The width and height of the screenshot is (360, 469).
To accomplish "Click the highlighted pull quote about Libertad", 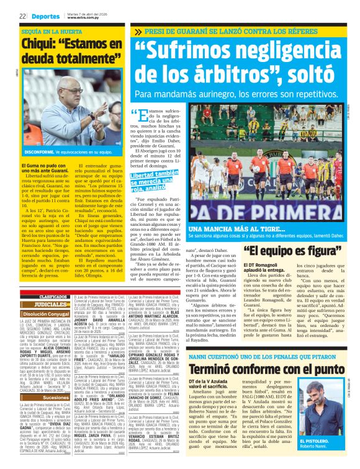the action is [152, 182].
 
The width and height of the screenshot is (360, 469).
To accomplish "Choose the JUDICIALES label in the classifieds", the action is [51, 305].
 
